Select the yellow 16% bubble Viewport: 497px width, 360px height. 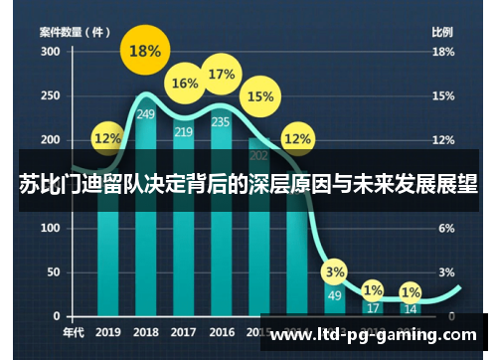coord(185,85)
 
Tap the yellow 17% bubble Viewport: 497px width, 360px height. coord(222,75)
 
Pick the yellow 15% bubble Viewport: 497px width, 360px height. coord(260,96)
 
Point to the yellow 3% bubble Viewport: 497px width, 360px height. coord(335,271)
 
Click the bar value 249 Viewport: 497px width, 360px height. coord(146,114)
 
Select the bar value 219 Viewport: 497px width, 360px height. coord(184,131)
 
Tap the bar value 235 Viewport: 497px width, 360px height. coord(221,122)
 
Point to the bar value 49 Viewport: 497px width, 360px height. coord(334,295)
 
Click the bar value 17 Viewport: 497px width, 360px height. coord(373,308)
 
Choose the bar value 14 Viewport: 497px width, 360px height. coord(410,309)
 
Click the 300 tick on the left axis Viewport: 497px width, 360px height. coord(50,52)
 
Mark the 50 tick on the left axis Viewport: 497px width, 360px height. coord(53,271)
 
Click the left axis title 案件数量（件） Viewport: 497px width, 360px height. coord(76,32)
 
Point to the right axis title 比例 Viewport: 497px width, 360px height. coord(442,32)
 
